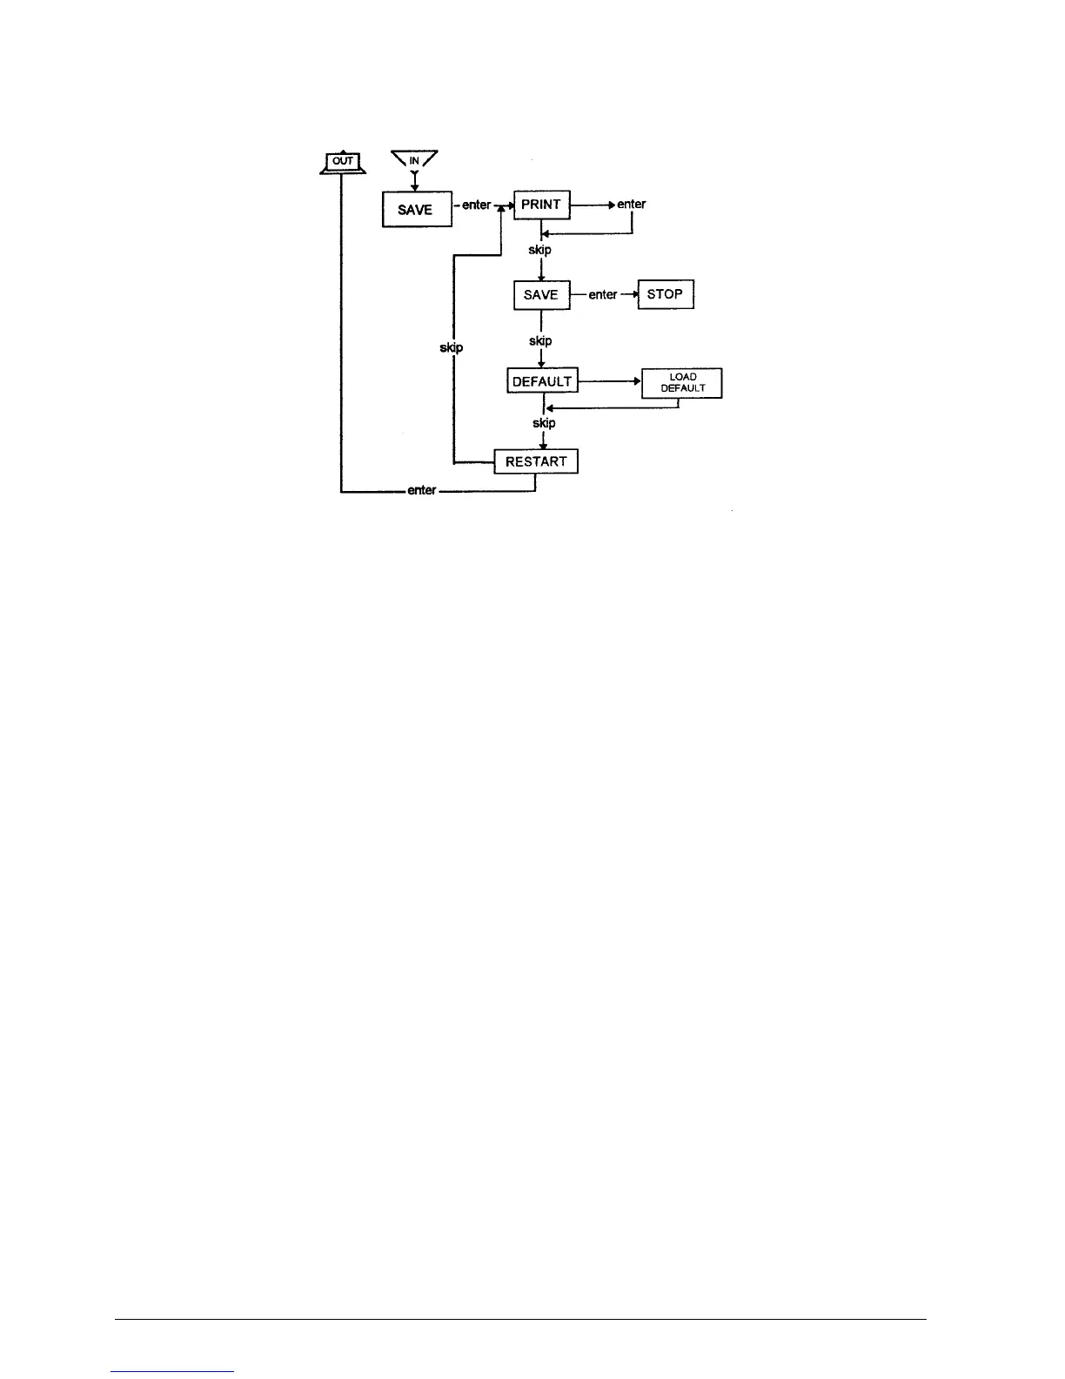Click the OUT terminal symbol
click(344, 161)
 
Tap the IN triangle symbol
click(414, 161)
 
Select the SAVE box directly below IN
click(417, 209)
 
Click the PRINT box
click(541, 205)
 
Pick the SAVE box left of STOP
click(541, 295)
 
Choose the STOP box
click(666, 294)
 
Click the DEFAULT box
click(542, 381)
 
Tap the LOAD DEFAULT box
click(682, 383)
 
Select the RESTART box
click(536, 461)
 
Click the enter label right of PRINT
click(632, 205)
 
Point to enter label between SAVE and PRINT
click(477, 205)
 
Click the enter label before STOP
click(603, 295)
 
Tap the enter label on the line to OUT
click(422, 491)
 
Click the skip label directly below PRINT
click(540, 250)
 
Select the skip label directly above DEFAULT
click(540, 341)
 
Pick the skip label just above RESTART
click(544, 423)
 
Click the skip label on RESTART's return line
click(452, 347)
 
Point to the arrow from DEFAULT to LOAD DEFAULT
click(610, 381)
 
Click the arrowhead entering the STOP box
click(635, 295)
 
